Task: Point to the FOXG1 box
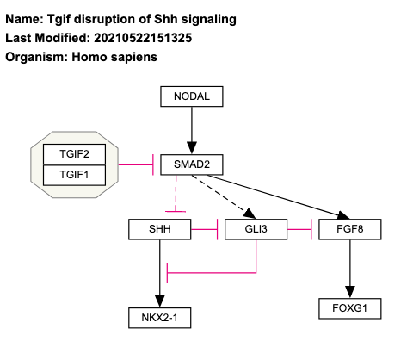coord(349,307)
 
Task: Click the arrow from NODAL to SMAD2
coord(191,129)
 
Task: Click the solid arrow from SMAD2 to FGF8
coord(275,193)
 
